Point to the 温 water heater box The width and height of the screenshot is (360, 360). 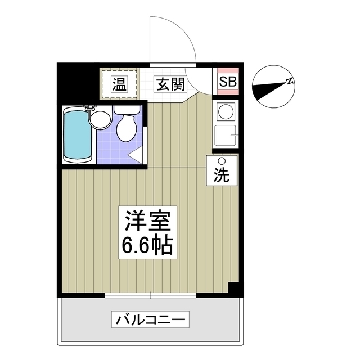click(119, 84)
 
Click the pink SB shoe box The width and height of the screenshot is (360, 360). click(228, 82)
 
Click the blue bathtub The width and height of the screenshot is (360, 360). click(78, 134)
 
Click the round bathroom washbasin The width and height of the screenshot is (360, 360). click(101, 119)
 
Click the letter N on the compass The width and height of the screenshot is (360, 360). click(290, 82)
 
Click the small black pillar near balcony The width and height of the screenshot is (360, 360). click(234, 288)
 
